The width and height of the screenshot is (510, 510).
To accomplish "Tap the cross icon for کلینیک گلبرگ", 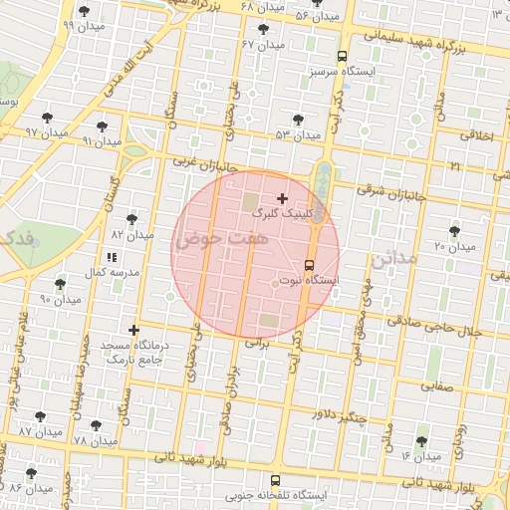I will tap(282, 199).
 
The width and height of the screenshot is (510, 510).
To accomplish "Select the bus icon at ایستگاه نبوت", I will tap(309, 266).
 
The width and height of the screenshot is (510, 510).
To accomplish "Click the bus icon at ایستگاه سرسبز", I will tap(343, 57).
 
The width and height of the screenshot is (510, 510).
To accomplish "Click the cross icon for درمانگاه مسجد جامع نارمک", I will tap(134, 330).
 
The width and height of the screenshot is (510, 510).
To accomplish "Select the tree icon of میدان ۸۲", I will tap(131, 219).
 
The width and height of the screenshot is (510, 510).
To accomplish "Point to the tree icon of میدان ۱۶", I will tap(419, 439).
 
